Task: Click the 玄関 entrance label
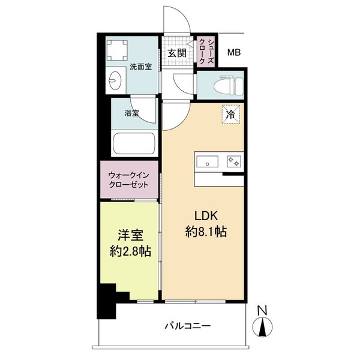point(176,52)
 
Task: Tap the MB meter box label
point(234,53)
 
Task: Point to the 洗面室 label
point(140,67)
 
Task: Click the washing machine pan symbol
point(118,47)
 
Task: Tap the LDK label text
point(205,216)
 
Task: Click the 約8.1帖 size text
point(205,232)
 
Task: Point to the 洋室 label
point(127,236)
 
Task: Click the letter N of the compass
point(261,310)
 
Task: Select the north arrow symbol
point(261,328)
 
